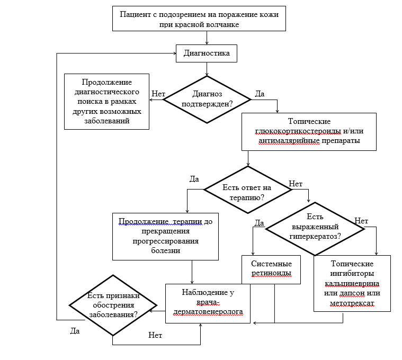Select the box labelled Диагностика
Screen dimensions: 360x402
206,53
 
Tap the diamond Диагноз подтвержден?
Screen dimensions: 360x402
207,98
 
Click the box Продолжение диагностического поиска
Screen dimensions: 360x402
106,102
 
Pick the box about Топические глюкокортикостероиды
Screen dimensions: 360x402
309,131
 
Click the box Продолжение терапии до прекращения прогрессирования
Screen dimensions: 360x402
166,236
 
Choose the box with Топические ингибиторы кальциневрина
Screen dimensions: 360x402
352,283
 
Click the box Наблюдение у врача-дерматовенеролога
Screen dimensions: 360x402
208,303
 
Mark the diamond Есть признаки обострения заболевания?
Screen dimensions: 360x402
113,305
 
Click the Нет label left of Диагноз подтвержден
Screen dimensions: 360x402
158,93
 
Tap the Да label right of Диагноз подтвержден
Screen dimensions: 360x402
260,94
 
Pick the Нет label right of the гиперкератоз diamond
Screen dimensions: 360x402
361,221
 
